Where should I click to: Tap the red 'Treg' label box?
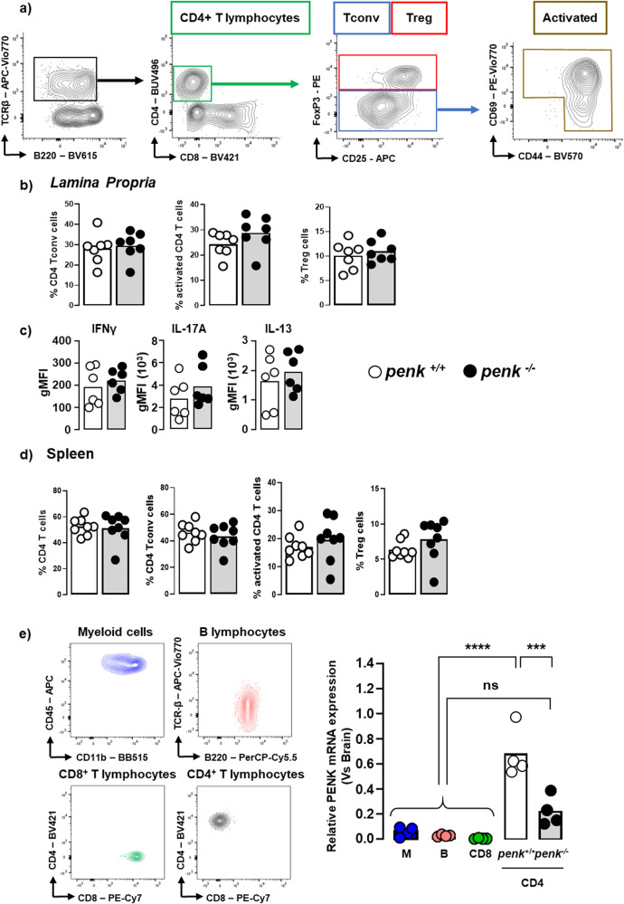[419, 17]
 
